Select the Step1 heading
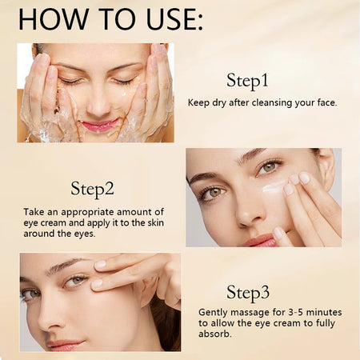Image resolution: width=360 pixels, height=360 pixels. point(247,81)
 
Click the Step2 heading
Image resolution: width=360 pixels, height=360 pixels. point(92,189)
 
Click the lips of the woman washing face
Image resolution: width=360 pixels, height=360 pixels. point(99,126)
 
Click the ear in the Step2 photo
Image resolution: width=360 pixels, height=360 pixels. point(325,166)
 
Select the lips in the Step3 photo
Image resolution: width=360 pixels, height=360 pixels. point(66,344)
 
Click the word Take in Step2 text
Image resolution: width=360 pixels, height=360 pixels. point(35,211)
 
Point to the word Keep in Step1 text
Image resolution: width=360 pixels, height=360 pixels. point(199,102)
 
